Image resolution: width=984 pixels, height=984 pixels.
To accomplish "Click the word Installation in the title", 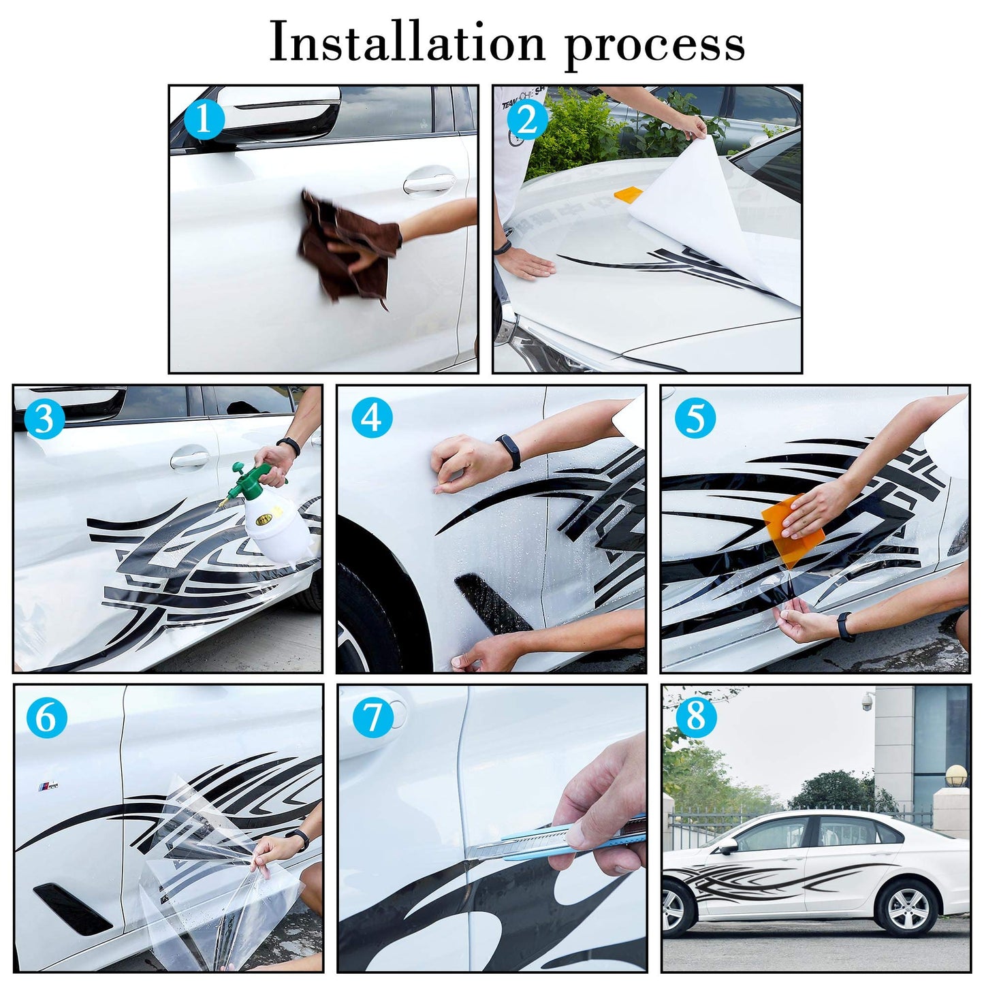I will point(407,43).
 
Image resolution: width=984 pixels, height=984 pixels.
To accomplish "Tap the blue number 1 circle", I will point(203,120).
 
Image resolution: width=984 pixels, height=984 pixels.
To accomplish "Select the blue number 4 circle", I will point(372,417).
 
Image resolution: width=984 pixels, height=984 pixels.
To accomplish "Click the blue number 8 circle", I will point(695,716).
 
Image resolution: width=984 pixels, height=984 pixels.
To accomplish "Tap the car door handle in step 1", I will point(429,182).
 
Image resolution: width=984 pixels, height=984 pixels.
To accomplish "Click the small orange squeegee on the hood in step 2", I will point(629,193).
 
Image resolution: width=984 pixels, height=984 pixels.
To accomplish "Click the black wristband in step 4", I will point(509,452).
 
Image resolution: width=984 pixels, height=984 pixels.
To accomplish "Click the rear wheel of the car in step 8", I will point(907,908).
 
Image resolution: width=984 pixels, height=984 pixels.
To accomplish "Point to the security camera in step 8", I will point(868,702).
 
